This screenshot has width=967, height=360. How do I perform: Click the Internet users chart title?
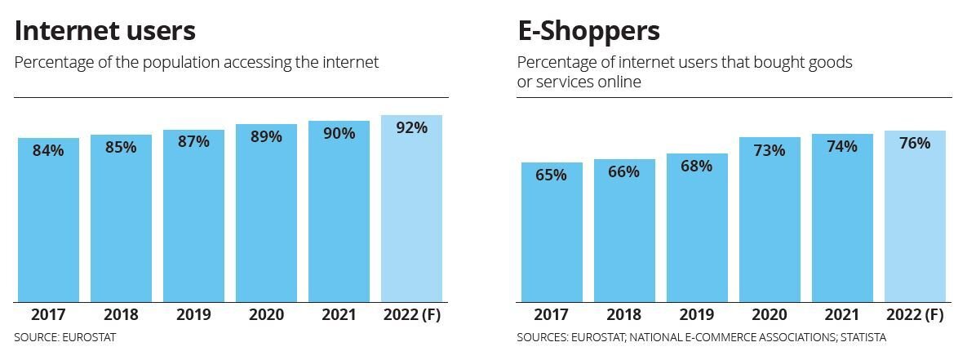tap(105, 31)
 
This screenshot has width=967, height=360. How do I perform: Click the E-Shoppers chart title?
tap(588, 31)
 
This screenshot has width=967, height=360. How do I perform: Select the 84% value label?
tap(48, 150)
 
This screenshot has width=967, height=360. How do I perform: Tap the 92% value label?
tap(411, 127)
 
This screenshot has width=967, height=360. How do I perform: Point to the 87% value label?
tap(193, 141)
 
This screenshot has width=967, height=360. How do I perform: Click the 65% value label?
tap(552, 175)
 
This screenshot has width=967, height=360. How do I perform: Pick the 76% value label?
tap(915, 143)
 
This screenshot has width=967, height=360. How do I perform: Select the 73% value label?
tap(770, 150)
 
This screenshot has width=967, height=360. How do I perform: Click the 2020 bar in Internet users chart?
tap(266, 220)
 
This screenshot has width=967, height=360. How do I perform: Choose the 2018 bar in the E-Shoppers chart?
tap(624, 237)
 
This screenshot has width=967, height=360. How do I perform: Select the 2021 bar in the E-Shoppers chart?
tap(842, 229)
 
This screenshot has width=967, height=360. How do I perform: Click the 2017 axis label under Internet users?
tap(48, 315)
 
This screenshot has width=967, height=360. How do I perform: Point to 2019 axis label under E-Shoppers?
tap(697, 315)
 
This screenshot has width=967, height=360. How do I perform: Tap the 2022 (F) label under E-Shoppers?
tap(915, 315)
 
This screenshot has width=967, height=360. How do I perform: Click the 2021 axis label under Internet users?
tap(339, 315)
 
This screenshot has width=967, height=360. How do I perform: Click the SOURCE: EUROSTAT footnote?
tap(65, 337)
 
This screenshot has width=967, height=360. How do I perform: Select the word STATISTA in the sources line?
tap(858, 337)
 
